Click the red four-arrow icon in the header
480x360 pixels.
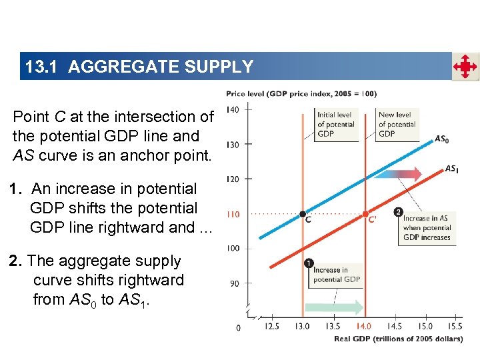point(465,67)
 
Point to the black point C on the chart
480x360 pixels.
point(303,214)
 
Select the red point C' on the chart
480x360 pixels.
point(365,214)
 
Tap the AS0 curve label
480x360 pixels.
point(441,139)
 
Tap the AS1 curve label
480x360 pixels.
point(451,169)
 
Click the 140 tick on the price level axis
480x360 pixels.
point(233,109)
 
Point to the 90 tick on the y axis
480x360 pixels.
point(233,283)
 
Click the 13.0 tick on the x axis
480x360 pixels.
point(302,327)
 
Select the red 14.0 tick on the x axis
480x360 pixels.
point(364,327)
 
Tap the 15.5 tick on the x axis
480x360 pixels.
point(455,327)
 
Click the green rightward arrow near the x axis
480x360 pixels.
point(333,307)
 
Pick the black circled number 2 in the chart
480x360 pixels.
point(399,212)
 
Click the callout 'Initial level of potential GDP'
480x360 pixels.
point(335,124)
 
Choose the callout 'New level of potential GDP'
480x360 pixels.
point(397,124)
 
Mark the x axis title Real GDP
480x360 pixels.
point(398,339)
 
